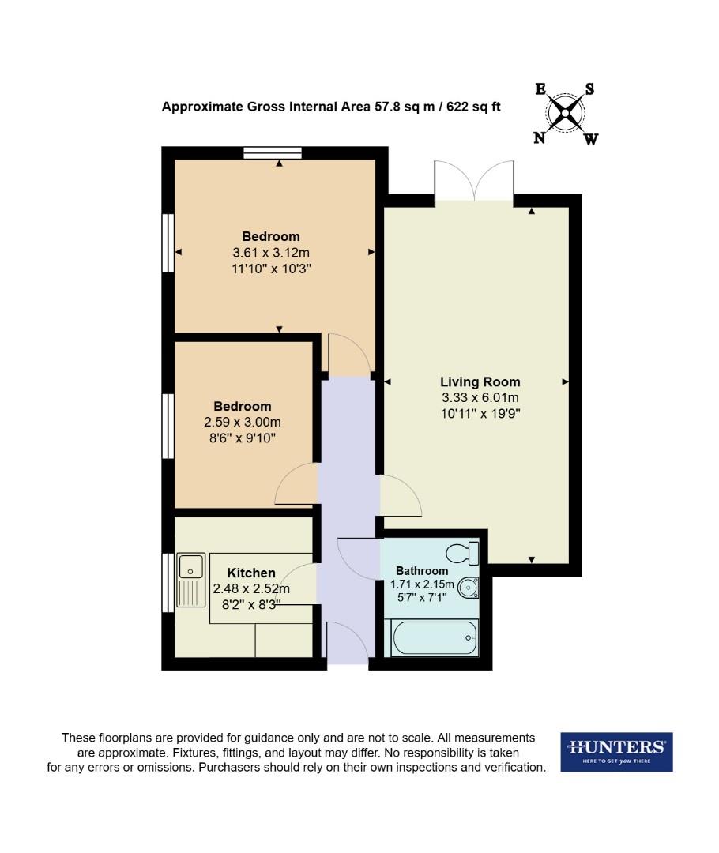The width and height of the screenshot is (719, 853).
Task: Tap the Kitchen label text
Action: pos(251,573)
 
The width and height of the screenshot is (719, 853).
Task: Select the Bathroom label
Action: pos(422,570)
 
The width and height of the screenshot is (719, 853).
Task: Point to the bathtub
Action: pos(435,637)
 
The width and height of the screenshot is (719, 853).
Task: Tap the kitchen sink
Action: pos(190,566)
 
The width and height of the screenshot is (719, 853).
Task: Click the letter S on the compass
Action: pos(589,89)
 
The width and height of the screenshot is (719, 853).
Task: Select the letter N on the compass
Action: pos(540,138)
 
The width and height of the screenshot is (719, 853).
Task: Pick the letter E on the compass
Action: pos(541,89)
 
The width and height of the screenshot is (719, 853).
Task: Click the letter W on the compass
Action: pos(590,140)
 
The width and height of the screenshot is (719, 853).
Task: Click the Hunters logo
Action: pos(616,751)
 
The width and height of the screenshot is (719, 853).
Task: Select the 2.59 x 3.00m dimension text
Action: pos(243,423)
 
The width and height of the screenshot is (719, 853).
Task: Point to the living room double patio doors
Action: pos(474,181)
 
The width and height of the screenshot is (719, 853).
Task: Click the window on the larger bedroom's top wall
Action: pos(273,153)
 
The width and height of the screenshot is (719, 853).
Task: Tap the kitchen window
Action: pos(168,582)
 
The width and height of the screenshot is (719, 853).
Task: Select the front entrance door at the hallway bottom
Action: pos(348,641)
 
